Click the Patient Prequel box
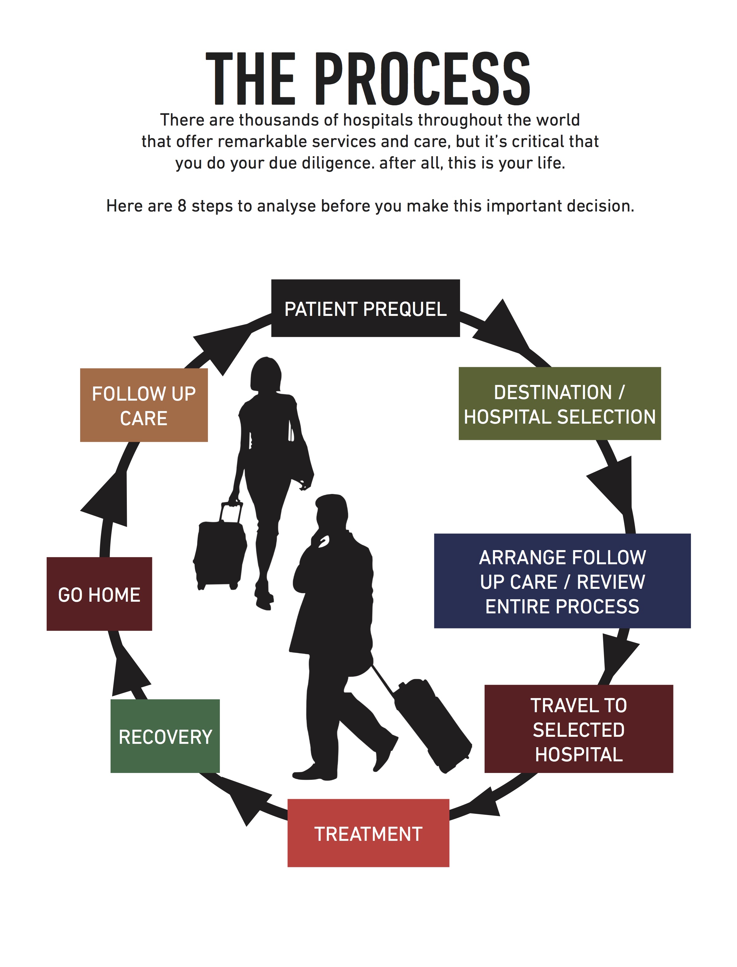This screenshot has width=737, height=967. pos(365,308)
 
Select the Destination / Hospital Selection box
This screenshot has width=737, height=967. pos(560,403)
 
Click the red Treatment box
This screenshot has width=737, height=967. pos(368,833)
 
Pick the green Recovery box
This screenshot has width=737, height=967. pos(165,736)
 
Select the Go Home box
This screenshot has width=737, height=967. pos(99,594)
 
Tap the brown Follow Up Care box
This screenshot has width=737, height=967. pos(144,405)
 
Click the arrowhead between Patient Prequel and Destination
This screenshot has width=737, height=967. pos(501,329)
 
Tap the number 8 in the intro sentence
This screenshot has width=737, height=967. pos(182,206)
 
